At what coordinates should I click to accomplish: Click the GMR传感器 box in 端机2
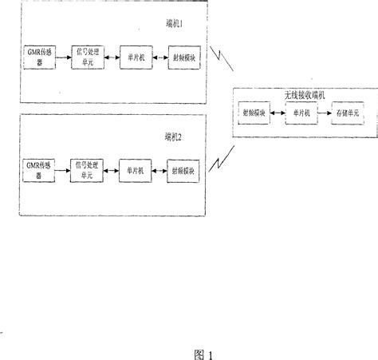click(39, 168)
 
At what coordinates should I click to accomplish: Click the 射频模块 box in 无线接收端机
click(256, 115)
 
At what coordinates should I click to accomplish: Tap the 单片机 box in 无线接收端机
click(301, 115)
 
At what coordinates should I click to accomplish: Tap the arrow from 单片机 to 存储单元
click(323, 115)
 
